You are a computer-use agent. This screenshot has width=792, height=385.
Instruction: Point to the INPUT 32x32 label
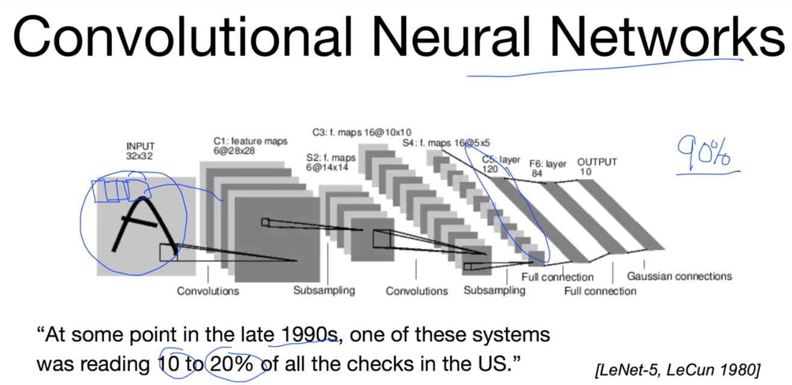point(141,150)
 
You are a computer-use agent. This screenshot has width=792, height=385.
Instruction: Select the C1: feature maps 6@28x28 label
point(250,146)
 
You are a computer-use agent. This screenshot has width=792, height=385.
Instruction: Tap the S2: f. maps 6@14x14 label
point(331,162)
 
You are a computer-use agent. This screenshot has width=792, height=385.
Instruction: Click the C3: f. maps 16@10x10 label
point(361,132)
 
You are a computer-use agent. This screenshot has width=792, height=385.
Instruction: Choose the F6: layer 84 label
point(548,168)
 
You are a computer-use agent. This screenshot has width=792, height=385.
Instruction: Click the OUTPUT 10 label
point(597,167)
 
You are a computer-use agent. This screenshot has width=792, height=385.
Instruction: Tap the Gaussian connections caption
point(679,276)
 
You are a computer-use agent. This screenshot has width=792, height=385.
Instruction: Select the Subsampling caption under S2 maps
point(324,290)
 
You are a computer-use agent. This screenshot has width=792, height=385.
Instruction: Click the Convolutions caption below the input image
point(207,291)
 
